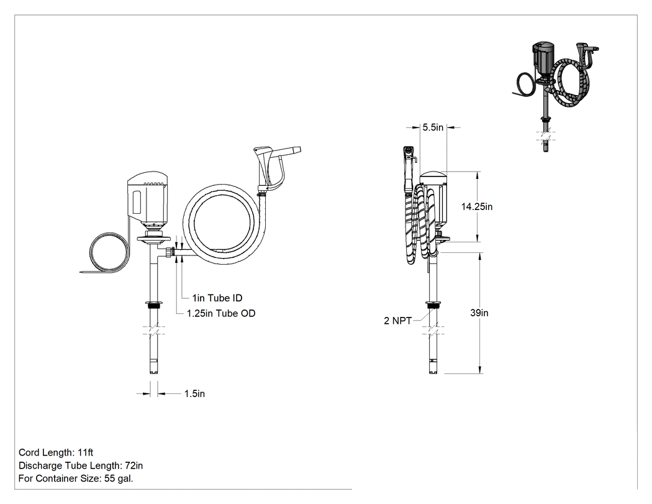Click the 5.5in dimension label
(x=433, y=127)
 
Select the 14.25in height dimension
(x=476, y=206)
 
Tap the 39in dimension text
(x=479, y=313)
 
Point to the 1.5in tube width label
(x=194, y=394)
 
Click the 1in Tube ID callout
(x=217, y=298)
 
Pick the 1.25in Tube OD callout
(x=221, y=313)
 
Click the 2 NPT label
(x=397, y=321)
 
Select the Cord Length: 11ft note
(x=56, y=452)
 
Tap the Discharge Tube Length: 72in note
(x=81, y=465)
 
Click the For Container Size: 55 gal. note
(x=76, y=478)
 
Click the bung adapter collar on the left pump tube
(x=153, y=305)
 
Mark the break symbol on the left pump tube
(x=153, y=331)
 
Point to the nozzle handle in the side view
(x=409, y=167)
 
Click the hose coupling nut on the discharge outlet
(x=170, y=253)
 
